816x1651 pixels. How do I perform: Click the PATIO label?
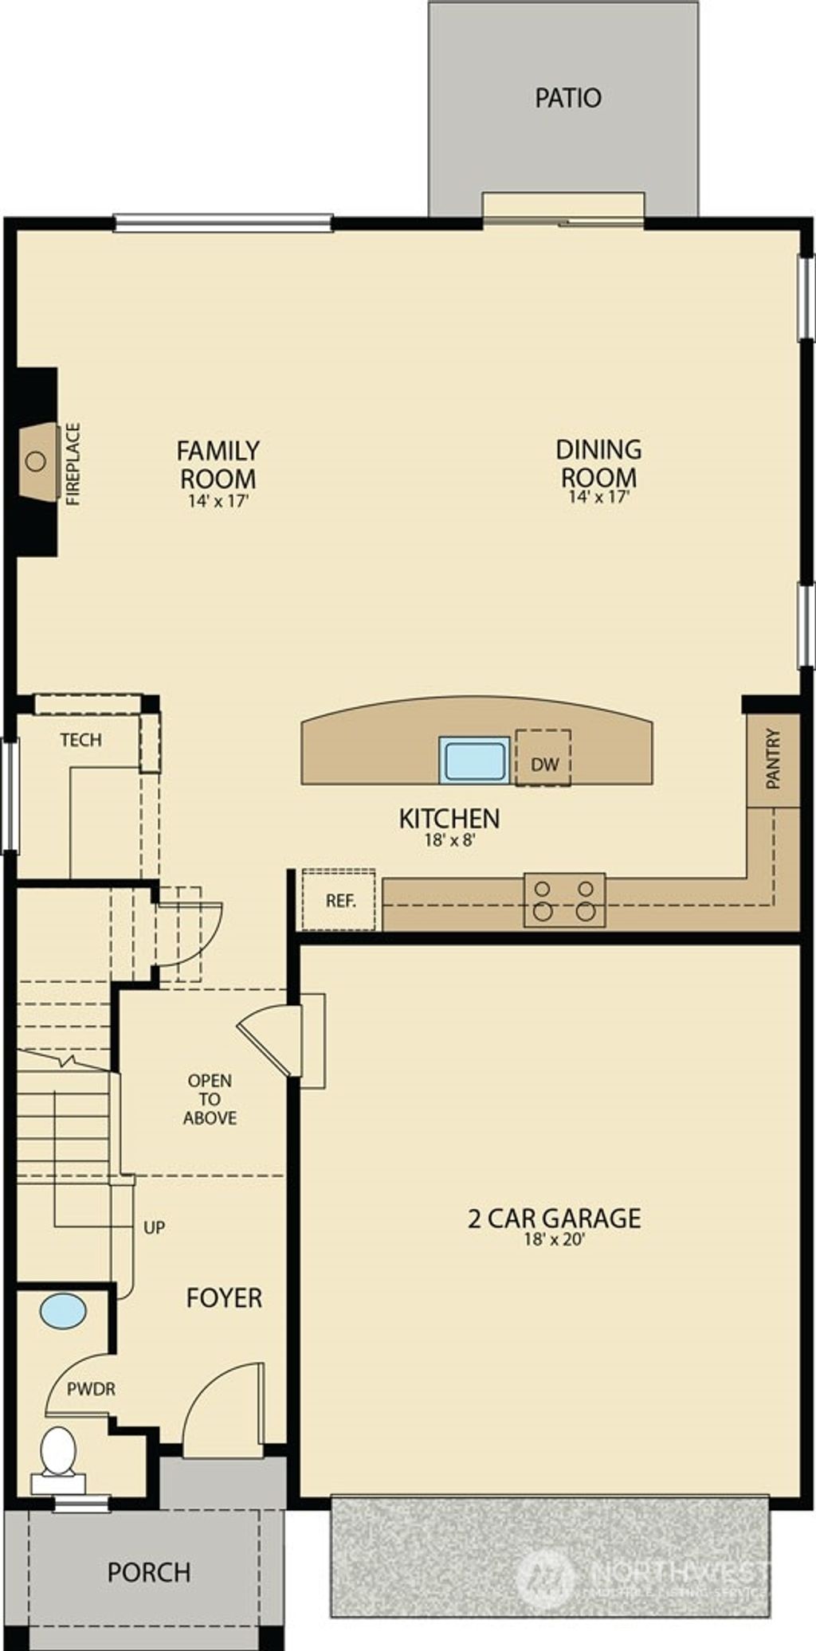[x=567, y=98]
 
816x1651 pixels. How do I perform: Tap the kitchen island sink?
[x=475, y=758]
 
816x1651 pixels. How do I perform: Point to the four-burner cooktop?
[x=564, y=900]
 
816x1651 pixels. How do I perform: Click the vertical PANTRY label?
[x=773, y=759]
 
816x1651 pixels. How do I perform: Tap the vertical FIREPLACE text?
[x=73, y=464]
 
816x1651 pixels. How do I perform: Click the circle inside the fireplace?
[x=36, y=460]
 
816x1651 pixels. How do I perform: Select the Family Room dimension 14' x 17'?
[x=219, y=502]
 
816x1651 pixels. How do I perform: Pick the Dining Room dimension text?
[x=599, y=497]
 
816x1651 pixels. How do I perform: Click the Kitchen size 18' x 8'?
[x=449, y=839]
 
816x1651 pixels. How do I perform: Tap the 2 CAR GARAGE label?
[x=554, y=1218]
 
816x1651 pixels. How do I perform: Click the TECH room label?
[x=80, y=740]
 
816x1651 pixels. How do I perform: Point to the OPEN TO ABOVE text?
[x=210, y=1099]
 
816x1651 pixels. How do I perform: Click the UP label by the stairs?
[x=154, y=1227]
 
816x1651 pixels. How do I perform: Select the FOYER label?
[x=224, y=1298]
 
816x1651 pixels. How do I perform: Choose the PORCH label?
[x=149, y=1572]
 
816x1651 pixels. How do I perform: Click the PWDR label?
[x=91, y=1389]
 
